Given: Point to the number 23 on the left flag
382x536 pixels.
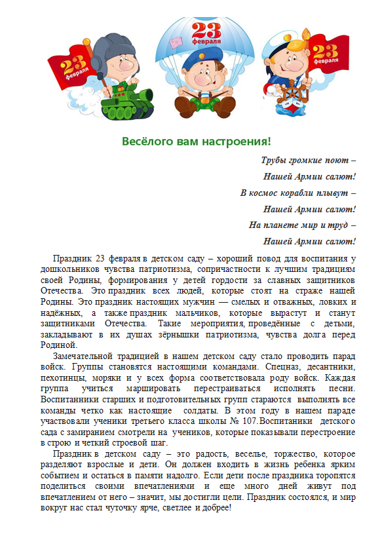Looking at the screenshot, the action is click(x=69, y=66).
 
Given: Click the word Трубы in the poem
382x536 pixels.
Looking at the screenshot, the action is click(x=275, y=161).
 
